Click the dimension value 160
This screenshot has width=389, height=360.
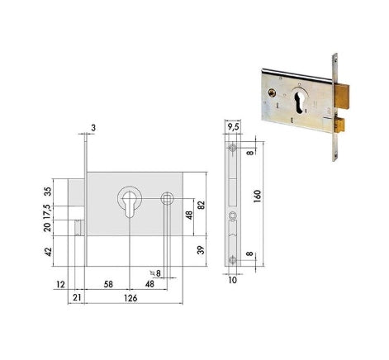257,196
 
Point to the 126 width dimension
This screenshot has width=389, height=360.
130,298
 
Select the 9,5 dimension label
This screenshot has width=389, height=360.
234,127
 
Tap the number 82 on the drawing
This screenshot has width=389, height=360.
202,205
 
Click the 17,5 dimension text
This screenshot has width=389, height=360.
47,211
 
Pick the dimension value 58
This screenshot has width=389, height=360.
108,284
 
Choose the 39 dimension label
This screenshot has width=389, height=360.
202,250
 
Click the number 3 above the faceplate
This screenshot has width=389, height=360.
93,128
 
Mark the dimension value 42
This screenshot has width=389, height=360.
48,252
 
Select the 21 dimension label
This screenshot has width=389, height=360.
78,297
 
